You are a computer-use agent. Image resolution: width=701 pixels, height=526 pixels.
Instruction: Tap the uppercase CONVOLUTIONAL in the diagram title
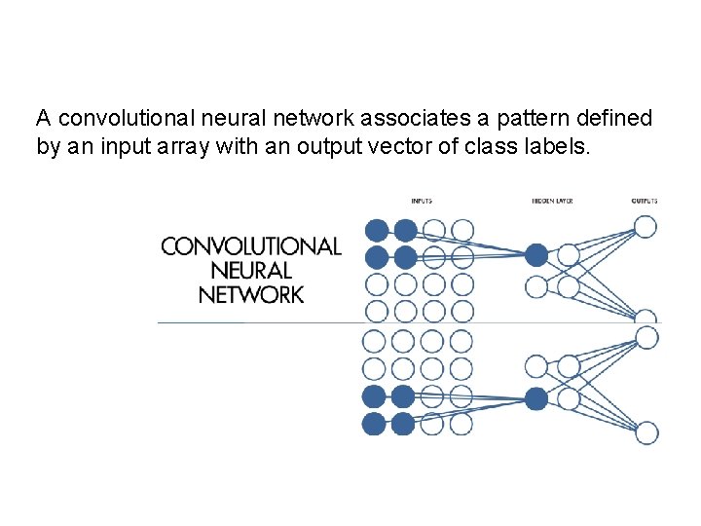coord(251,246)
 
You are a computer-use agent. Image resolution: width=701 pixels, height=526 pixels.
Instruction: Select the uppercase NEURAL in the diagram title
coord(251,271)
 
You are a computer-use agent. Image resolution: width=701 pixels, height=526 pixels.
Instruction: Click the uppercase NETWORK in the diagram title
coord(251,294)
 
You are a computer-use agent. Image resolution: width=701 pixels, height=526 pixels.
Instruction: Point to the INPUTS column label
coord(422,202)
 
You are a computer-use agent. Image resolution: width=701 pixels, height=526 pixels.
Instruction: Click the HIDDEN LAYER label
coord(552,202)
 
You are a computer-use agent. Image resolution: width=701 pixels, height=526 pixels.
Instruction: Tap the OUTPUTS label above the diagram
coord(644,202)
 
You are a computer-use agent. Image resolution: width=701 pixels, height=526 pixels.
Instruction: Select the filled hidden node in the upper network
coord(536,255)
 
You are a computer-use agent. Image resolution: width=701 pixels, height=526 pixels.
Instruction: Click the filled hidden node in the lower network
coord(536,397)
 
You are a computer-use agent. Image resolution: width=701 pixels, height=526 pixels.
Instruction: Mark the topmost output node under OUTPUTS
coord(646,227)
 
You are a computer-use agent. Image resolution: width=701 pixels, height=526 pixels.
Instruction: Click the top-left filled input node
coord(375,231)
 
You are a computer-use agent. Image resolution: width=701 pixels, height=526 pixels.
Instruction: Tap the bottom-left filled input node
coord(374,424)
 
